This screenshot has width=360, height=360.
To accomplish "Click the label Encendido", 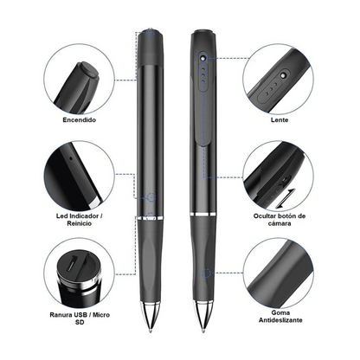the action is click(x=80, y=119).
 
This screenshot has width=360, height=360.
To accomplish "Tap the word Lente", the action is click(x=280, y=119).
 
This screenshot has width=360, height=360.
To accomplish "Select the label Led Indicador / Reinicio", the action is click(x=80, y=220).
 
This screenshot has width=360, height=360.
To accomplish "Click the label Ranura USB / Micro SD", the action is click(x=80, y=318).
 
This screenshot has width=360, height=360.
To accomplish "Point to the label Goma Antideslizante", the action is click(x=280, y=316).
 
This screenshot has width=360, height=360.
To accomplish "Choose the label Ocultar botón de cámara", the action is click(x=280, y=220).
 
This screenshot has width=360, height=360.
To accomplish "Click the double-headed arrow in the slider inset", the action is click(x=286, y=198).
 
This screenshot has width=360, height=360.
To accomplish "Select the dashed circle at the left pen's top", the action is click(x=151, y=32).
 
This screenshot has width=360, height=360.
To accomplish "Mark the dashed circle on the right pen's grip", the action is click(x=206, y=273).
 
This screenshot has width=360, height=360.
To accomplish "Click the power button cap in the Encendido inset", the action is click(x=88, y=70).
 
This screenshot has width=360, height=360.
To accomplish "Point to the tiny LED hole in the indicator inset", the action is click(x=71, y=157).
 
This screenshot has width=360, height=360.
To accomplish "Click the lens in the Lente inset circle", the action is click(x=283, y=75).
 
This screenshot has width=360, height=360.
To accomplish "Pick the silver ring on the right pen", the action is click(x=203, y=214).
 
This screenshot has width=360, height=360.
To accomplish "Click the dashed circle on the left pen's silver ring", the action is click(x=151, y=216).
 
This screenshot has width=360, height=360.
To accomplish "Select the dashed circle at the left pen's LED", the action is click(x=151, y=197).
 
